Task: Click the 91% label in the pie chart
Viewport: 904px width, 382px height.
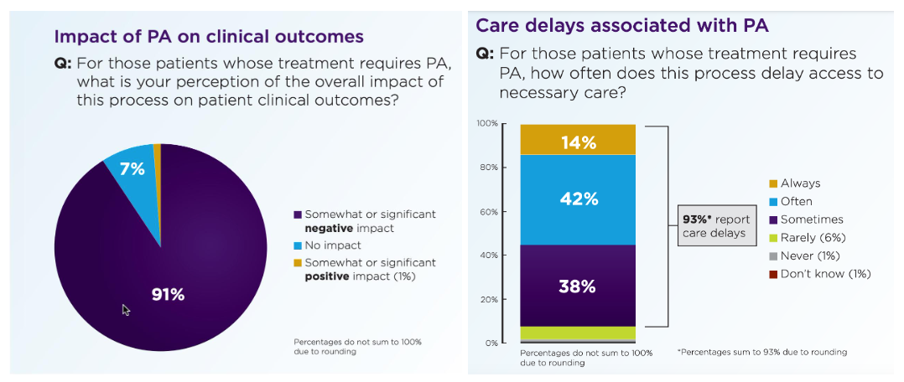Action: pos(168,295)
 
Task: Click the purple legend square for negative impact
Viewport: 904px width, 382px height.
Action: pos(298,214)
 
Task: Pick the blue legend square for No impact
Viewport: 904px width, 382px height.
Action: pos(298,245)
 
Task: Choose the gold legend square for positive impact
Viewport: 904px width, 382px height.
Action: pos(298,262)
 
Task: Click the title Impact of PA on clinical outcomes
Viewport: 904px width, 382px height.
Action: pos(209,37)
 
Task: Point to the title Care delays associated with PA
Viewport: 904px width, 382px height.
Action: pos(622,25)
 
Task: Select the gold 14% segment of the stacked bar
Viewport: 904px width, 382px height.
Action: pos(578,141)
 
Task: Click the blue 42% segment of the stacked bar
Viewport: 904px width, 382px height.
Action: pos(578,199)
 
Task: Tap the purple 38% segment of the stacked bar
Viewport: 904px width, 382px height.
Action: pos(578,286)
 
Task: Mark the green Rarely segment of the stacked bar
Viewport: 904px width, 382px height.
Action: pos(578,333)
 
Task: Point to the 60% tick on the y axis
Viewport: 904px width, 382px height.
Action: pos(489,212)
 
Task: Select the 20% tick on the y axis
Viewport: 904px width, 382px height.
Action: pos(489,299)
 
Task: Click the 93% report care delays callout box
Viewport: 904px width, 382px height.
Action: pos(714,226)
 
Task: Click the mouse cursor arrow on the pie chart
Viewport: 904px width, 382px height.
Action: pos(126,309)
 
